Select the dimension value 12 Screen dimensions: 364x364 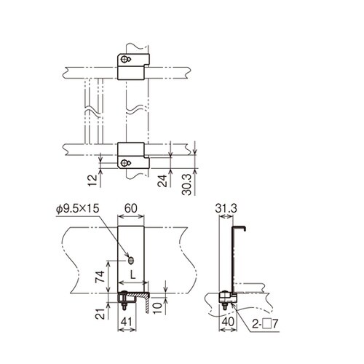(90, 181)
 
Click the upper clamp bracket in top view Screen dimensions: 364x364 (132, 67)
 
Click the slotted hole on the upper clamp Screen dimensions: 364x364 (129, 59)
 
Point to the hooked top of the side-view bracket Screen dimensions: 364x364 (240, 228)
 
